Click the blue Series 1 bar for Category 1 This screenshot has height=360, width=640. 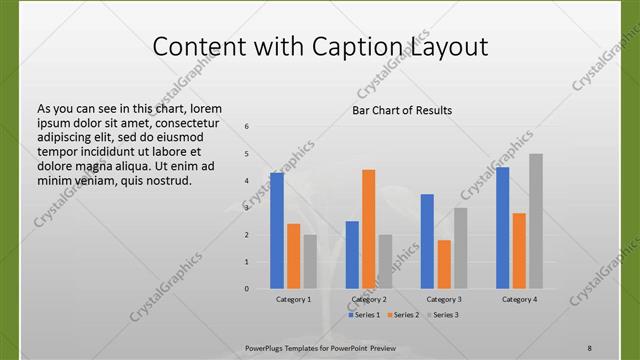(x=277, y=230)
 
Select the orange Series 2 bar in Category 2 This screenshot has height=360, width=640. (x=368, y=229)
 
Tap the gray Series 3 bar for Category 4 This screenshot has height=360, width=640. (x=536, y=221)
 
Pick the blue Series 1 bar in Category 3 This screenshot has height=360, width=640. (x=427, y=241)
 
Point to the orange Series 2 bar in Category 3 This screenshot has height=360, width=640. (x=444, y=264)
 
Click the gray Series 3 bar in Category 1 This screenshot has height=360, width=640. (x=310, y=261)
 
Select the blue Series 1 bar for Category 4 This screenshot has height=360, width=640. (x=502, y=227)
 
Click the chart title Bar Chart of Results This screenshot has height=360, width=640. (x=402, y=110)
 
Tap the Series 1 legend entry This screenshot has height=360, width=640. (x=362, y=315)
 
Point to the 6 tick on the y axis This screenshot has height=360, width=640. (x=247, y=127)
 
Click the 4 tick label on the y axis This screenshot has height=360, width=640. (x=247, y=181)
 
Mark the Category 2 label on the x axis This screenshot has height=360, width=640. (x=369, y=299)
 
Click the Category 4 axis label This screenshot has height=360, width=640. (x=519, y=299)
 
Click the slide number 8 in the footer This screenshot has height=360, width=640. (x=590, y=347)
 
